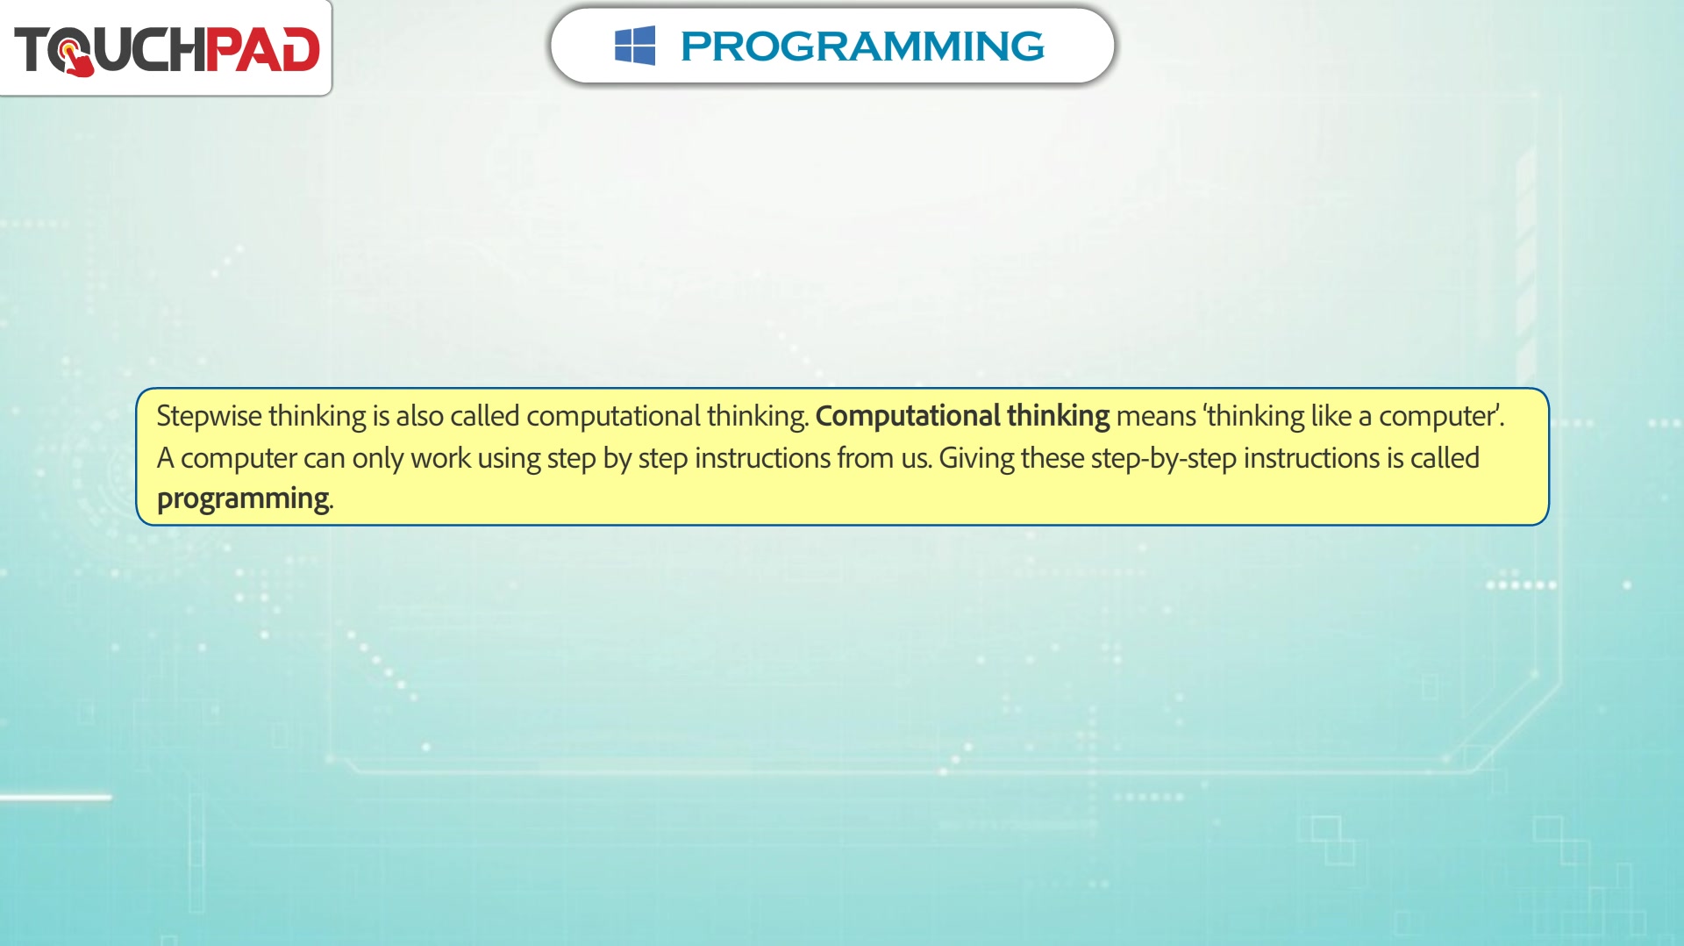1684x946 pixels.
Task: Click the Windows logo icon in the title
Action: [635, 46]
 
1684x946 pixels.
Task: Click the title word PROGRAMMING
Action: [862, 47]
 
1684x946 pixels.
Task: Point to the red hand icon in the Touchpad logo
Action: [76, 57]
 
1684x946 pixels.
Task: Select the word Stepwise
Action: [209, 416]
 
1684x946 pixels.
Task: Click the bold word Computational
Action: [908, 416]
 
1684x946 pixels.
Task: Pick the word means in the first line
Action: [1156, 417]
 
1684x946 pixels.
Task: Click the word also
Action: [419, 416]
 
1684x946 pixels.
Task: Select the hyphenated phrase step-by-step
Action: [1164, 459]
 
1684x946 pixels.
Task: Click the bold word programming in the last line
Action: [243, 499]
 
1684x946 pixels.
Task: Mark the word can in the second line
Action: [324, 459]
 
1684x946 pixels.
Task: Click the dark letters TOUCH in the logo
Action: [110, 50]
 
